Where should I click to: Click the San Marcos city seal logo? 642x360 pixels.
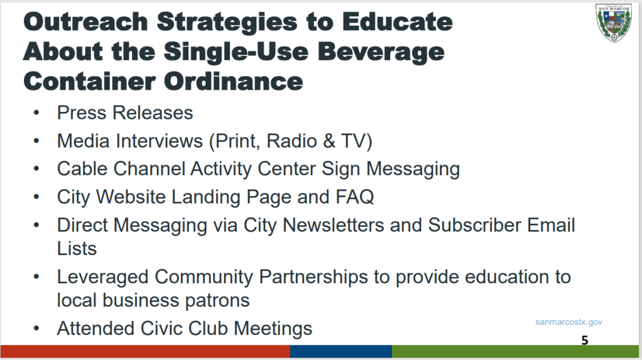click(x=613, y=23)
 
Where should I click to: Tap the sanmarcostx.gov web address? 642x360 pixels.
click(x=569, y=322)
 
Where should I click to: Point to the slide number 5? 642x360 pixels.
click(x=585, y=340)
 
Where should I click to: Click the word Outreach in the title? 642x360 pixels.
click(x=85, y=21)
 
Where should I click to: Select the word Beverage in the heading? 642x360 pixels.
click(x=381, y=52)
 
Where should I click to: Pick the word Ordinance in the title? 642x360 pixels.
click(x=234, y=82)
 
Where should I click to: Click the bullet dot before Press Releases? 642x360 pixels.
click(x=36, y=113)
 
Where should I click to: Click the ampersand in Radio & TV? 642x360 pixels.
click(x=329, y=141)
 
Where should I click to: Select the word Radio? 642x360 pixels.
click(x=292, y=141)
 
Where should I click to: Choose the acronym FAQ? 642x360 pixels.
click(x=354, y=197)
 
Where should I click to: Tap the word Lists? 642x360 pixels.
click(x=77, y=249)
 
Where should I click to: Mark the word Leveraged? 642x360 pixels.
click(x=103, y=277)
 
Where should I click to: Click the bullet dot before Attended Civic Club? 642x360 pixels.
click(x=36, y=329)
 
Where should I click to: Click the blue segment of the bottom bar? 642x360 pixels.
click(x=341, y=351)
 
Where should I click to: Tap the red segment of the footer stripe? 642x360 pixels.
click(x=145, y=351)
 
